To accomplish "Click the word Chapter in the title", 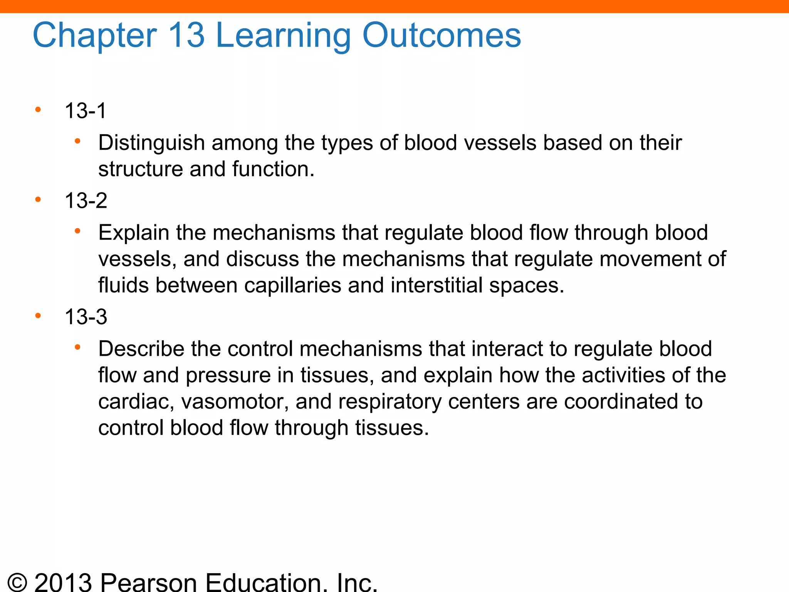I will [95, 35].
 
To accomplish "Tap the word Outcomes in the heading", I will [442, 35].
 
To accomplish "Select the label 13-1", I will [86, 111].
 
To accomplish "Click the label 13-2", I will [86, 201].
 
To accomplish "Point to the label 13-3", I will [86, 317].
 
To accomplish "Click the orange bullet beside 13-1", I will [38, 110].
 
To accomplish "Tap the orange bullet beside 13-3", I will [38, 316].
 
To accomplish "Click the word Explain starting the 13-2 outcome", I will [134, 233].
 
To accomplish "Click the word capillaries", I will [292, 286].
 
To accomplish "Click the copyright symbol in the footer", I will [17, 583].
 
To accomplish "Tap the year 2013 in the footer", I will [63, 583].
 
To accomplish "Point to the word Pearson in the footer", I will [149, 583].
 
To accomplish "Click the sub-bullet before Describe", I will [77, 348].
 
